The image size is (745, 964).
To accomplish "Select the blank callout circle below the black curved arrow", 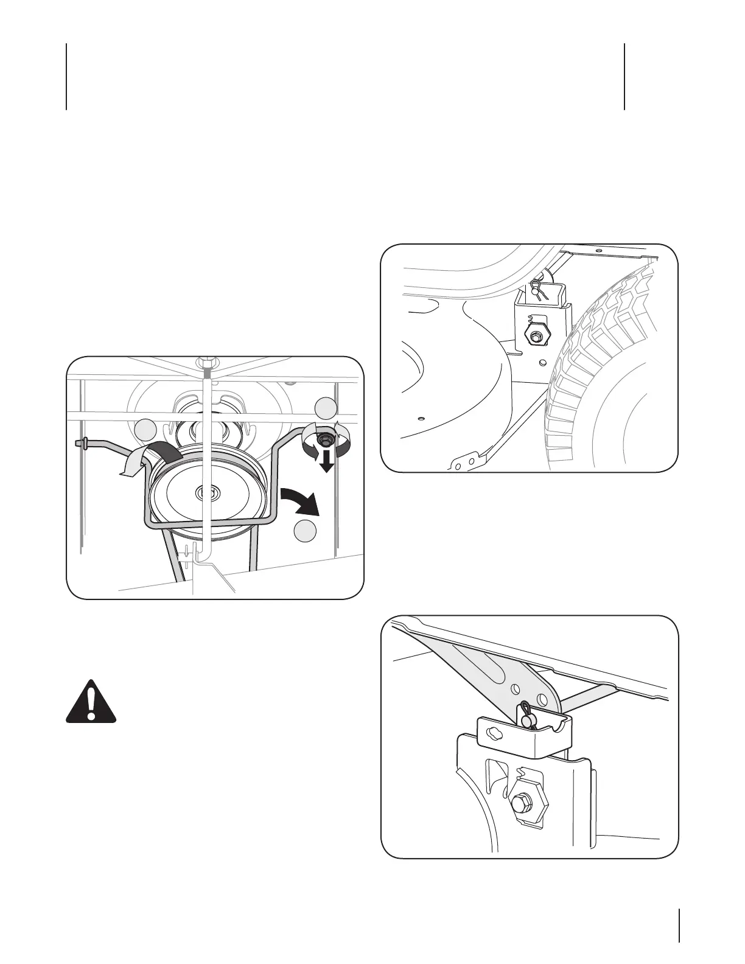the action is pyautogui.click(x=306, y=531).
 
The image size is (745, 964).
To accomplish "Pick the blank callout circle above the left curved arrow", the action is pyautogui.click(x=145, y=430).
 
